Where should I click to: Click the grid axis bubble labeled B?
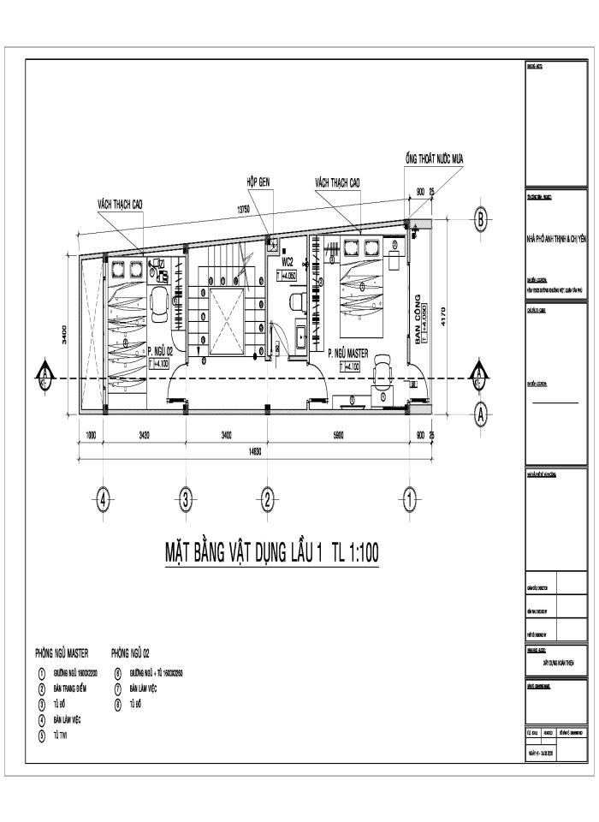(x=481, y=220)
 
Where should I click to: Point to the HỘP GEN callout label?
(x=258, y=182)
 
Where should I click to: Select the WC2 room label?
(x=288, y=263)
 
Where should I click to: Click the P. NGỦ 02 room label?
(x=161, y=351)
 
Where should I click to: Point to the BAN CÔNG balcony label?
(x=418, y=318)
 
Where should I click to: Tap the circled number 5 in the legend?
(x=41, y=735)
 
